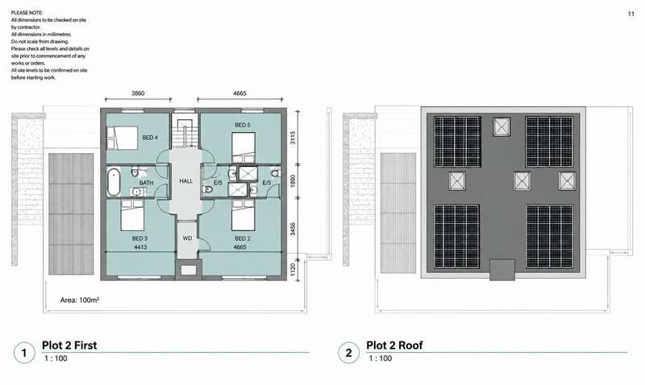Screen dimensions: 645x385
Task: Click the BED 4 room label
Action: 150,137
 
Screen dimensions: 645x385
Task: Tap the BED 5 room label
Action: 243,125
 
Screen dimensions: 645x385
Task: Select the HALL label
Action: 186,180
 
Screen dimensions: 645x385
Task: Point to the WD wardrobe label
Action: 187,238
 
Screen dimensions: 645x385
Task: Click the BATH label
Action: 146,183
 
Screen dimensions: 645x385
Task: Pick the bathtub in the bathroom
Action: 114,182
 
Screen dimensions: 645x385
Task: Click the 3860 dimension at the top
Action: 138,93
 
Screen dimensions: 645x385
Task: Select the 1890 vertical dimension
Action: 293,180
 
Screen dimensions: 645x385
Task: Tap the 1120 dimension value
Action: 293,270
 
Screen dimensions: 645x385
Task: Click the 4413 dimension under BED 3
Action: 140,247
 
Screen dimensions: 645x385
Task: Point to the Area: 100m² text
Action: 80,300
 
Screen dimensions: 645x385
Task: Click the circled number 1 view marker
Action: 24,353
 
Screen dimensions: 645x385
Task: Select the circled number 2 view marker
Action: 348,353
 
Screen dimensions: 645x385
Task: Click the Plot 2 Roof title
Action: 394,346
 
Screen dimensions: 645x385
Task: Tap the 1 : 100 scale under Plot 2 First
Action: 56,358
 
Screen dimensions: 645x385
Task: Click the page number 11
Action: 631,14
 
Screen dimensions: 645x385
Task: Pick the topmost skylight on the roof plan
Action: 501,126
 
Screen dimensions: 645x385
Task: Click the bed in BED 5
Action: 243,147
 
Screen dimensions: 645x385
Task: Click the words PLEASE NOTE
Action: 27,13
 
